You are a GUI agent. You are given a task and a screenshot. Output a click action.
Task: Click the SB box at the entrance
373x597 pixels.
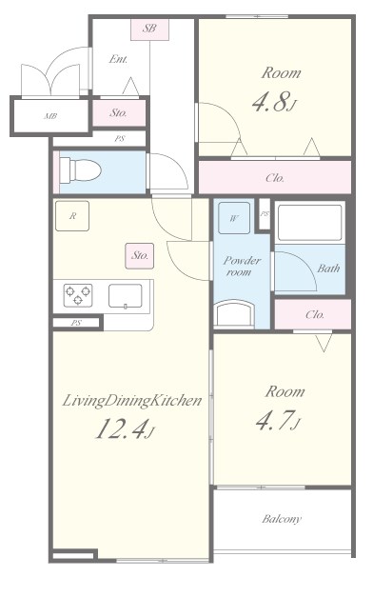coord(149,29)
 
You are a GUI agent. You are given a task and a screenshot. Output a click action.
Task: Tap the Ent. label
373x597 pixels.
coord(119,60)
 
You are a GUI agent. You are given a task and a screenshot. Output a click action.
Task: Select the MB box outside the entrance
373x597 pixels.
coord(49,117)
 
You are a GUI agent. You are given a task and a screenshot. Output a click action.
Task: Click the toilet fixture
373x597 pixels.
coord(82,170)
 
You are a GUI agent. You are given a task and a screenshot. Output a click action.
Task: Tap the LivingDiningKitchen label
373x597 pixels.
coord(132,401)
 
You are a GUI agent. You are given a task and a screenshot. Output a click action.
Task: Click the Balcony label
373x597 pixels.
coord(282,519)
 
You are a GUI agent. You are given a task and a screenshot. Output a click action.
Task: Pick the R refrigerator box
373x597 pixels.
coord(72,216)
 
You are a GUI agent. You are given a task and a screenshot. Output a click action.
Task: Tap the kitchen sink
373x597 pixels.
coord(125,296)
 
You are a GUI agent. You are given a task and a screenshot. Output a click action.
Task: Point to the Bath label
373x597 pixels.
coord(328,269)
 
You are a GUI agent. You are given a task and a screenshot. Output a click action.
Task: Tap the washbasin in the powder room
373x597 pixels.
coord(235,314)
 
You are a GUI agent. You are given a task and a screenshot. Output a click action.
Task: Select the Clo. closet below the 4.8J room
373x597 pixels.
coord(275,177)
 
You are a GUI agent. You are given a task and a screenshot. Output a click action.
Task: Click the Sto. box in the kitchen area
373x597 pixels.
coord(141,254)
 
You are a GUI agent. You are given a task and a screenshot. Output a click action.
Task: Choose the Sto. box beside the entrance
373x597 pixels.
coord(119,112)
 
